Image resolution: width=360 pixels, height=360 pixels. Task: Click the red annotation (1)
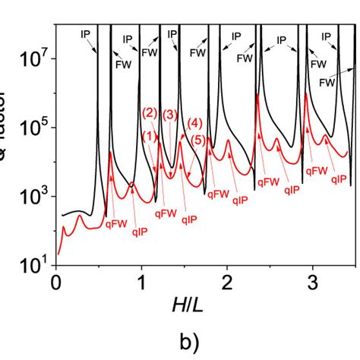click(150, 137)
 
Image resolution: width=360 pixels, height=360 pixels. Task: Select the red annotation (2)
click(150, 113)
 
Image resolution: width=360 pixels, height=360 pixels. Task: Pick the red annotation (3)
click(170, 115)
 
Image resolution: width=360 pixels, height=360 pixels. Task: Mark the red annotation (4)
click(194, 124)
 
